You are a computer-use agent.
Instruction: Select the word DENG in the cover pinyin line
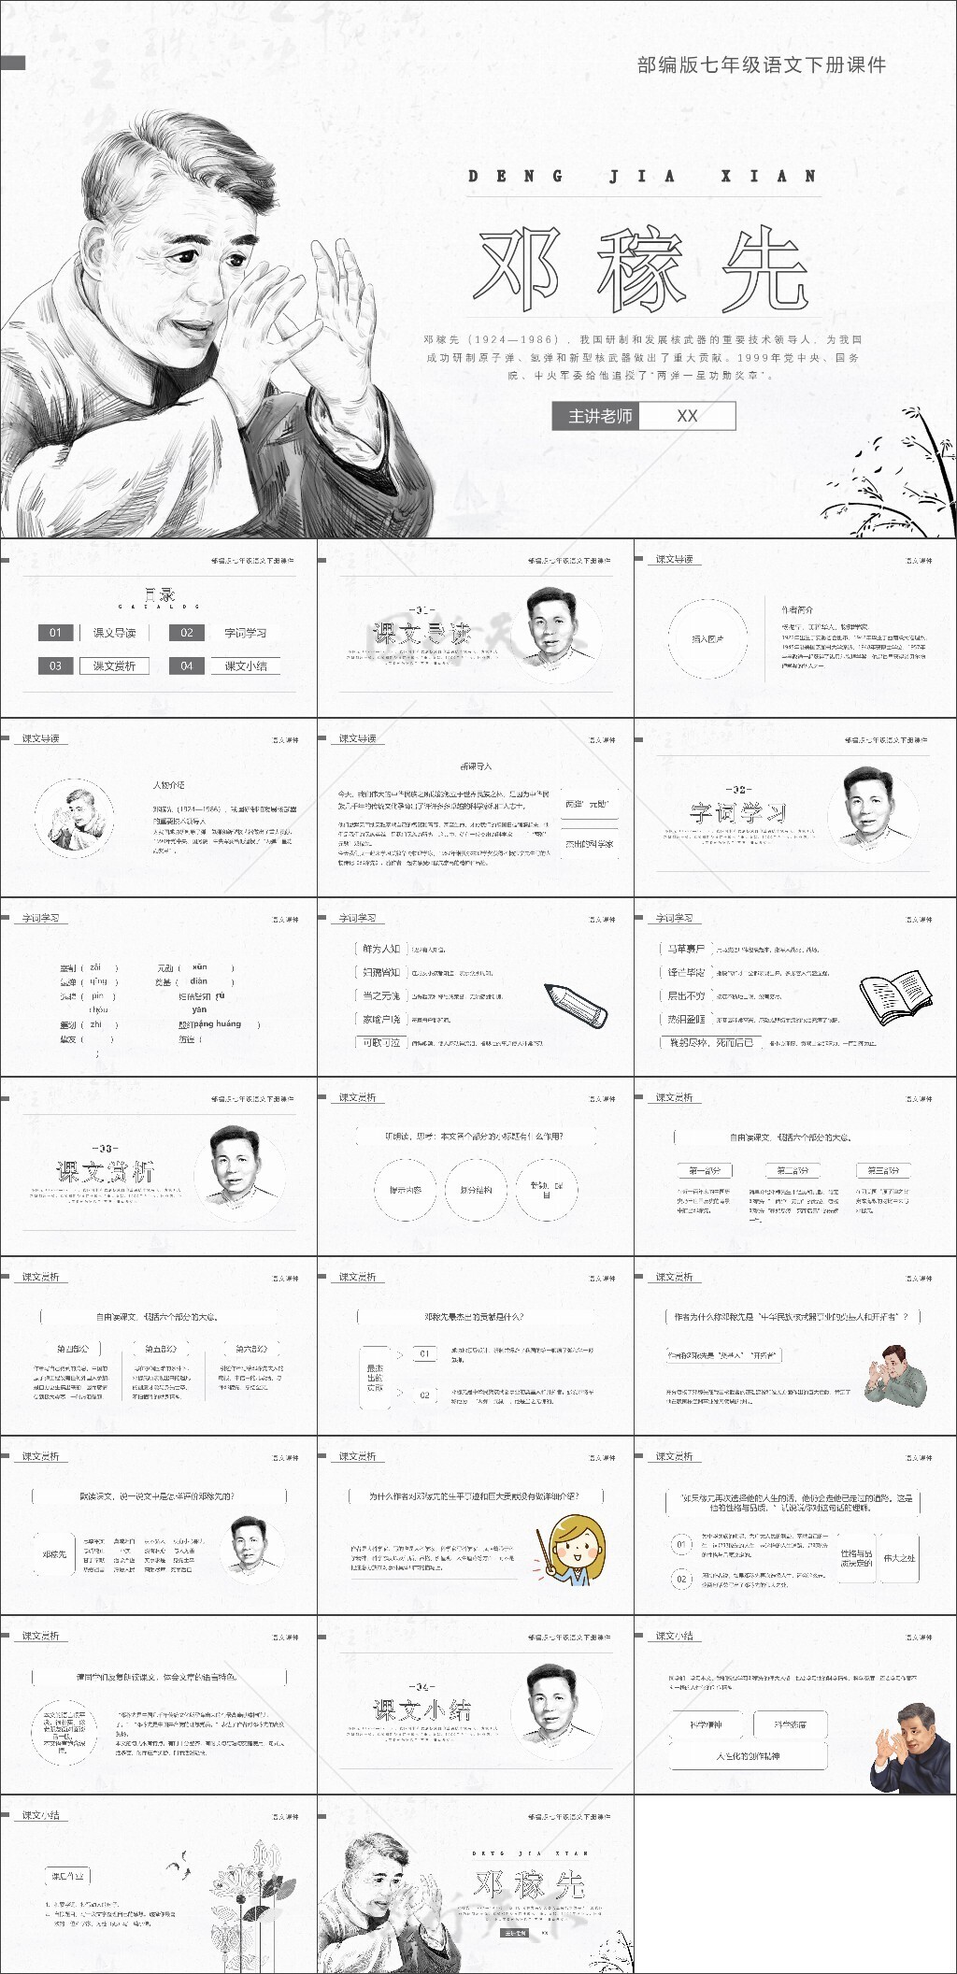515,176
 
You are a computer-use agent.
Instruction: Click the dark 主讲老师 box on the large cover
600,416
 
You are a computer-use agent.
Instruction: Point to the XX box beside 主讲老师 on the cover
687,416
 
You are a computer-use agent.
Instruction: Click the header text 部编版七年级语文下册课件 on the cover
761,64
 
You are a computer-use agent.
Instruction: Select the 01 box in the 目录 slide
55,633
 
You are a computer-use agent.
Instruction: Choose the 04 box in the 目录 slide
187,666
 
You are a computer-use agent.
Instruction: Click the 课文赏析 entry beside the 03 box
114,666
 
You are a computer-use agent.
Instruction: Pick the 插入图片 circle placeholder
707,639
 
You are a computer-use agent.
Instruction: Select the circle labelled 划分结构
476,1190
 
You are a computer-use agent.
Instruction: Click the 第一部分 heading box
705,1170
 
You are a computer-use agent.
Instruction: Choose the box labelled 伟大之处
899,1558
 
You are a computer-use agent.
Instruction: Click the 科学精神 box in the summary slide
707,1724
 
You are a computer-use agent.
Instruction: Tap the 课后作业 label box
68,1876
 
